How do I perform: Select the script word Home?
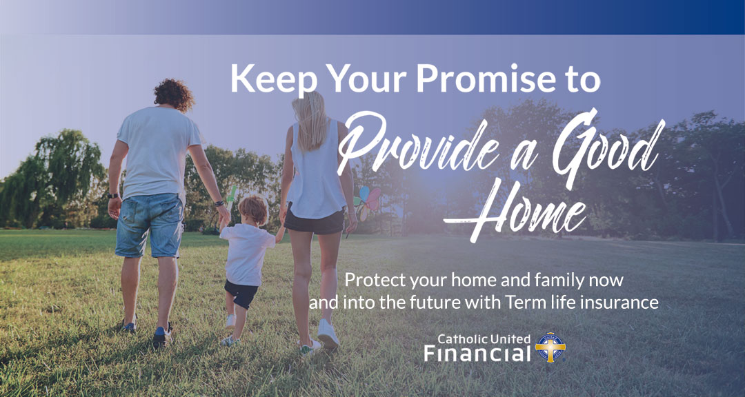pyautogui.click(x=518, y=208)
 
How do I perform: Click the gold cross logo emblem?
pyautogui.click(x=550, y=347)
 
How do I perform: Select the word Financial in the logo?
pyautogui.click(x=477, y=354)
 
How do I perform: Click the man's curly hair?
pyautogui.click(x=174, y=94)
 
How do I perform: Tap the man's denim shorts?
pyautogui.click(x=149, y=225)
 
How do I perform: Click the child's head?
pyautogui.click(x=253, y=210)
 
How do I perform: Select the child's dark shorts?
pyautogui.click(x=241, y=294)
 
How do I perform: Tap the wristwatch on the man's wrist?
pyautogui.click(x=112, y=195)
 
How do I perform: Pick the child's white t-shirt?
pyautogui.click(x=247, y=255)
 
